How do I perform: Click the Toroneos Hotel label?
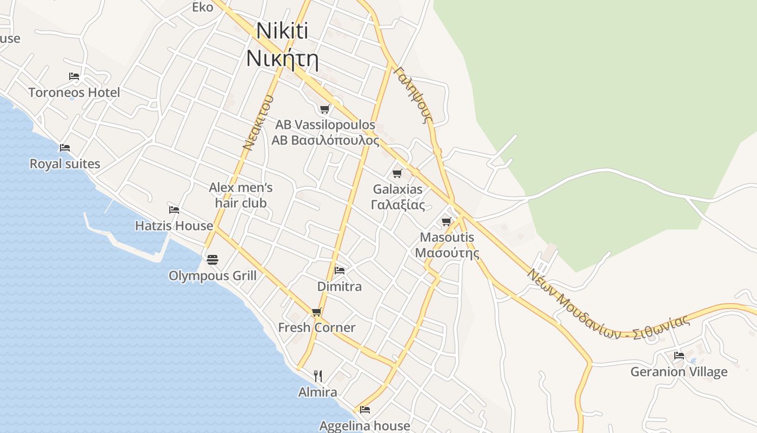click(74, 93)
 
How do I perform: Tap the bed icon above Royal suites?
click(65, 148)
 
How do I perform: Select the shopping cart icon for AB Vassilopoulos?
click(324, 109)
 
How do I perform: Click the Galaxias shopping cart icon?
click(397, 174)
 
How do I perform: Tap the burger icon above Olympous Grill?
click(213, 260)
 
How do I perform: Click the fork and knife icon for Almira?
click(318, 376)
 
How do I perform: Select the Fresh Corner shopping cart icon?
click(317, 312)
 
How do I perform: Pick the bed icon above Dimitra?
click(340, 270)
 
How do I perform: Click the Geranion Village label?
click(679, 372)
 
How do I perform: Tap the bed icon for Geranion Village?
click(679, 356)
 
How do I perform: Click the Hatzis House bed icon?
click(174, 210)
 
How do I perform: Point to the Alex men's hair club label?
click(241, 195)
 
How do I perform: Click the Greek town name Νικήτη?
click(282, 58)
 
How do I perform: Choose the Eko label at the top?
click(203, 7)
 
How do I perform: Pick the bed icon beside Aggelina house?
click(365, 410)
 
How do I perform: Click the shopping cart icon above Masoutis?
click(447, 221)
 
